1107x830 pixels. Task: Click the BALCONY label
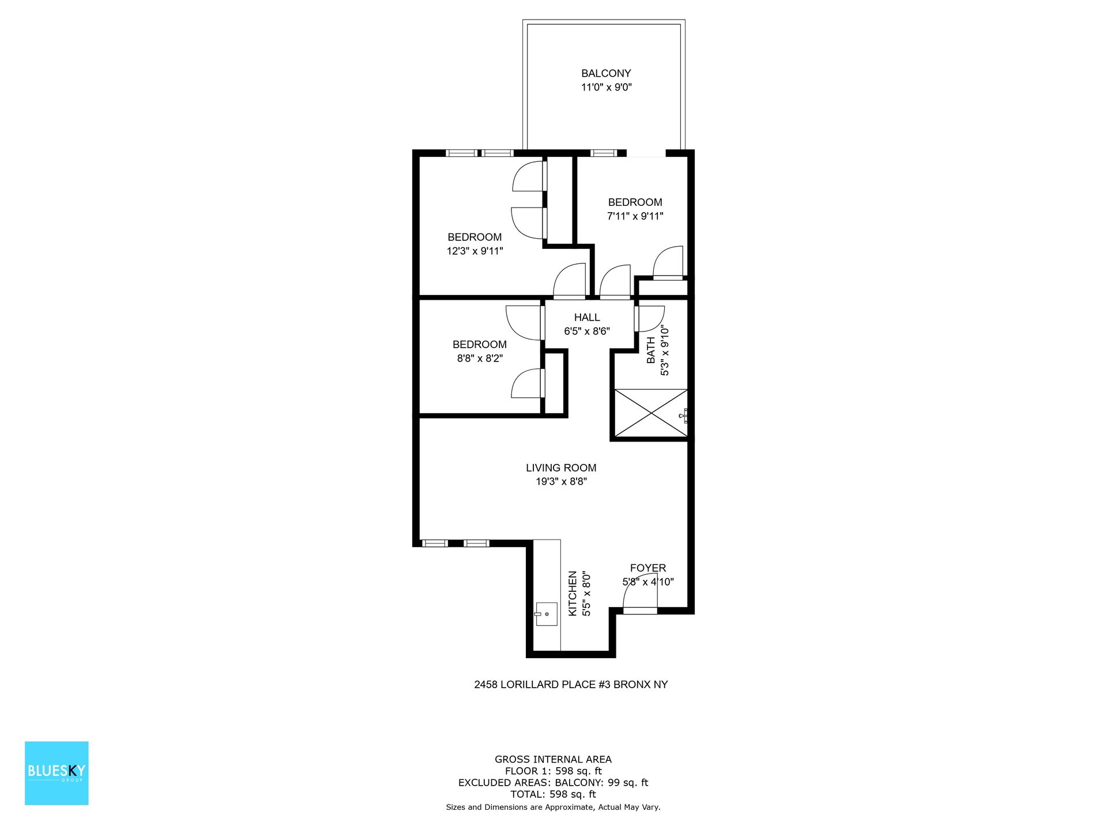pos(606,73)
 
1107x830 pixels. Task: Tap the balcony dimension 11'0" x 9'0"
pos(606,88)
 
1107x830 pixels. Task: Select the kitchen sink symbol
pos(546,614)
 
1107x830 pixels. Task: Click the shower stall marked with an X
pos(650,413)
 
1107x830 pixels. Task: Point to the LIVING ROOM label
pos(561,468)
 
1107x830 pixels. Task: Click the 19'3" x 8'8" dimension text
pos(561,482)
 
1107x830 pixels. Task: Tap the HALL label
pos(587,318)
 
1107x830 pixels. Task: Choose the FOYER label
pos(647,568)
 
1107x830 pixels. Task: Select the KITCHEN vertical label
pos(573,594)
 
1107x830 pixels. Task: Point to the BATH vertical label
pos(651,350)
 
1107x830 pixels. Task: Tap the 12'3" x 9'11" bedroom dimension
pos(475,251)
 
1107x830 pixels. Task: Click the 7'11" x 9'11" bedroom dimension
pos(635,217)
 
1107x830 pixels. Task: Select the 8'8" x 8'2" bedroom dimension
pos(480,359)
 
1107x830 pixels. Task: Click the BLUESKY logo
pos(57,773)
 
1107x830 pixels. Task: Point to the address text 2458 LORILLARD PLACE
pos(571,685)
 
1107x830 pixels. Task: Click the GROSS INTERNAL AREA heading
pos(553,760)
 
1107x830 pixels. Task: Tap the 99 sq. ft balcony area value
pos(628,783)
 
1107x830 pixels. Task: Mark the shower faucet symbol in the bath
pos(684,415)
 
